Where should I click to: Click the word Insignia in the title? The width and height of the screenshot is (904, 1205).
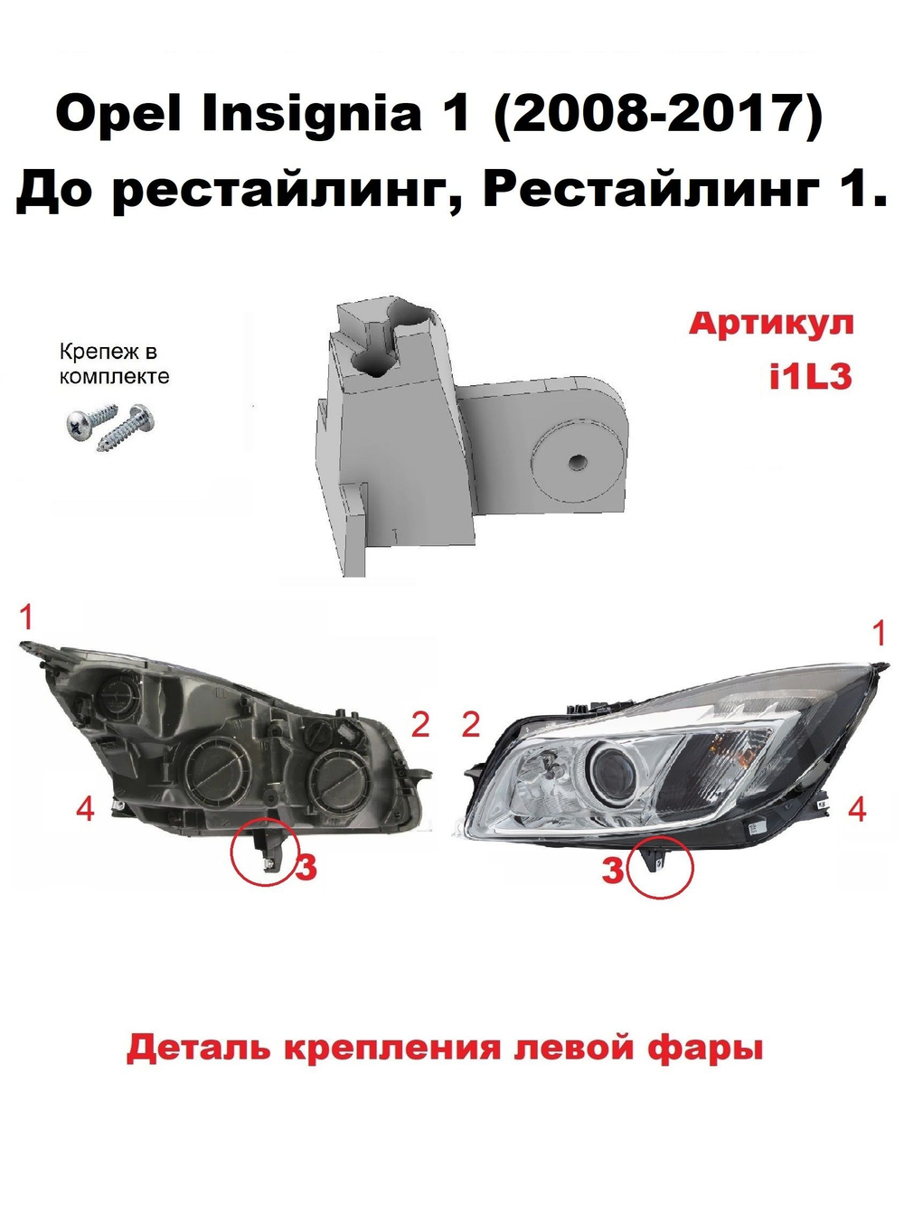312,115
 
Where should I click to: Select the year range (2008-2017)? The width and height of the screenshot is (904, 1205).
656,115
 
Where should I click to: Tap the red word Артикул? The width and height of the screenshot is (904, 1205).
771,324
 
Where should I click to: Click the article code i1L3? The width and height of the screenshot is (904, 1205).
810,375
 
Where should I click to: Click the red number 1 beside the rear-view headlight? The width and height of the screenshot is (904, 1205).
26,618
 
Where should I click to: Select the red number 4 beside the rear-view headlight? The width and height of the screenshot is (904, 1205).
85,808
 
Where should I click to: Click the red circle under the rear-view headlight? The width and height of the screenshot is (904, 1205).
263,853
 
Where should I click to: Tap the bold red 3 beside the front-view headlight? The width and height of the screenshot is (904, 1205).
613,870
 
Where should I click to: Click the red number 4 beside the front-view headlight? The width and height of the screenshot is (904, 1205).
857,809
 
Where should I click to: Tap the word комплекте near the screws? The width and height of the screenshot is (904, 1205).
114,377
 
